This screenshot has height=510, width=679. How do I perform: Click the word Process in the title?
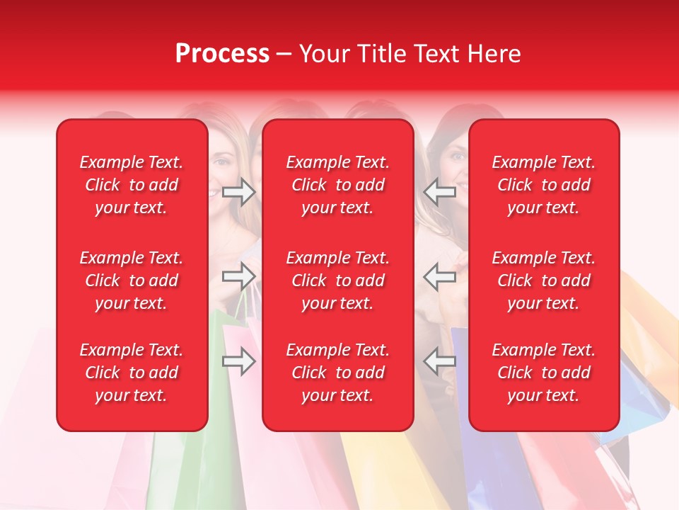pos(222,54)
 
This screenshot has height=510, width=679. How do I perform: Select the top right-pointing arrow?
pos(239,192)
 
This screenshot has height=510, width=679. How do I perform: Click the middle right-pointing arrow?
pos(239,276)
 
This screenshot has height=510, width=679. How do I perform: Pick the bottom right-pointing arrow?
pos(239,361)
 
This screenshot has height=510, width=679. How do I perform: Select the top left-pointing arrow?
pos(439,192)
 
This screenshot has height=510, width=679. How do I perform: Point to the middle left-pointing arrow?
pos(439,276)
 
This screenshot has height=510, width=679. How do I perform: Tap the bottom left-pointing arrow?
pos(439,361)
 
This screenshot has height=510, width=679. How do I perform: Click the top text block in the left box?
pos(132,185)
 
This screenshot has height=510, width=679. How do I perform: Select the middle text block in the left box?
pos(132,280)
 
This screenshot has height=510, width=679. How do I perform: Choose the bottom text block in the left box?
pos(132,373)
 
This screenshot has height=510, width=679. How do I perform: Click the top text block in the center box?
pos(337,185)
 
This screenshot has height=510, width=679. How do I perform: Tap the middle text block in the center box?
pos(337,280)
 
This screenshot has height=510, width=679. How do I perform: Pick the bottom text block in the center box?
pos(337,373)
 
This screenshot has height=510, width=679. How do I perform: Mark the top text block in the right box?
pos(543,185)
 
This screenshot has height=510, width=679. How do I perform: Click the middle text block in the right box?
pos(543,280)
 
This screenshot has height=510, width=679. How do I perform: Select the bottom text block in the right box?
pos(543,373)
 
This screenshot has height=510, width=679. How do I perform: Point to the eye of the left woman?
pos(222,162)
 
